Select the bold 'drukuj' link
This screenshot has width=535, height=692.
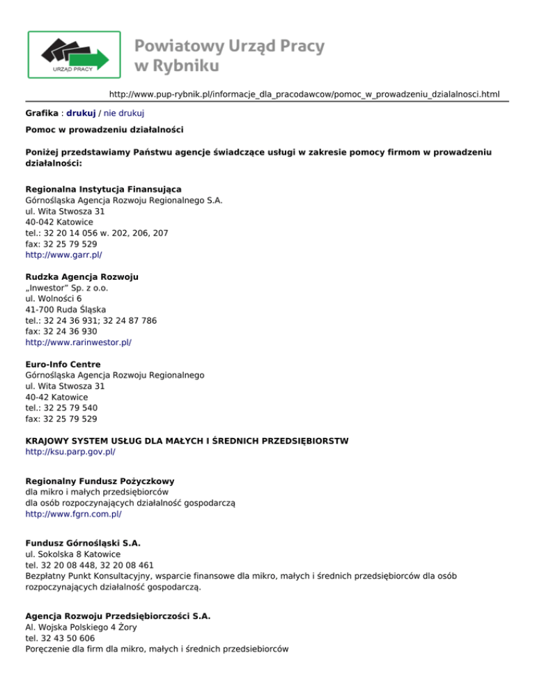(81, 112)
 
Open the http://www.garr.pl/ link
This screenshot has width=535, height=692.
(63, 255)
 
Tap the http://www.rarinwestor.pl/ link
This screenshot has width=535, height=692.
(78, 343)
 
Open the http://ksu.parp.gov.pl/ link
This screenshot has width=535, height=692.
(70, 452)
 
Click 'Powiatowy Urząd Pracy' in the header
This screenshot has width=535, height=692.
(229, 47)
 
